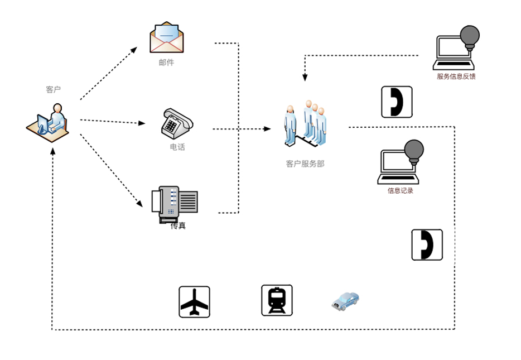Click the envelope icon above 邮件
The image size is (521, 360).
[166, 38]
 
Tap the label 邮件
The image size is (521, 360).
[166, 63]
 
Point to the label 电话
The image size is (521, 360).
[177, 147]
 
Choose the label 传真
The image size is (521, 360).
[178, 225]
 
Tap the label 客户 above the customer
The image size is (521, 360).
[53, 89]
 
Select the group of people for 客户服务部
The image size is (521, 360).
[306, 125]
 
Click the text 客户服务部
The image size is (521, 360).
[305, 164]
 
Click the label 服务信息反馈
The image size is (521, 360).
[456, 76]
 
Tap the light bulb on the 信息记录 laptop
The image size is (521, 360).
[414, 150]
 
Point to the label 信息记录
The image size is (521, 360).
[401, 191]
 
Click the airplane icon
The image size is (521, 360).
[194, 302]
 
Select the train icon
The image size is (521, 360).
[277, 300]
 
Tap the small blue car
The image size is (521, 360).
[345, 301]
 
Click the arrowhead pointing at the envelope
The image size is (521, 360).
[134, 49]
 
